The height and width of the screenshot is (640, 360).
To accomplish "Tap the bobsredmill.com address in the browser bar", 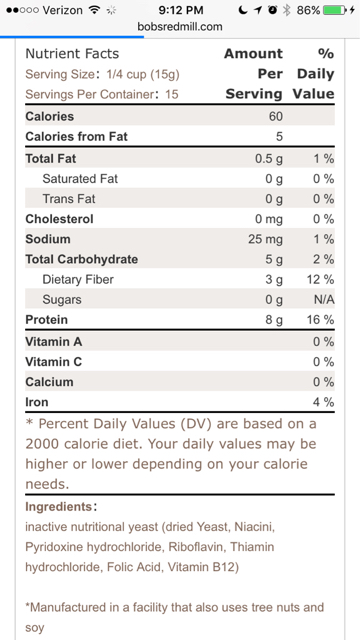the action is (180, 27).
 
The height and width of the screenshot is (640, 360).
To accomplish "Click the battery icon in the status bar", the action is (335, 10).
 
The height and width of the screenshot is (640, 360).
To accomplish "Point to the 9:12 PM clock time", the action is (180, 10).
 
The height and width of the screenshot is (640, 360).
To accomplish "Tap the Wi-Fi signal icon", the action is (95, 10).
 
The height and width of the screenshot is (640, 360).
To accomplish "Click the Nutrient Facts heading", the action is (72, 54).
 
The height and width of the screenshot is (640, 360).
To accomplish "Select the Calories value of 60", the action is (276, 116).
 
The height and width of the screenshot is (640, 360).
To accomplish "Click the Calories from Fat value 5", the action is (279, 136).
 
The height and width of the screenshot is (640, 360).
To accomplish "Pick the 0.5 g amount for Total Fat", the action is (269, 159).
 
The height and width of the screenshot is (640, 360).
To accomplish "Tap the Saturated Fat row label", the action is (80, 179).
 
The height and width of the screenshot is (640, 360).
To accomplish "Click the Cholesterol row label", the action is (59, 219).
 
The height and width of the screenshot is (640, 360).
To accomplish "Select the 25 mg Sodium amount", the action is (265, 239).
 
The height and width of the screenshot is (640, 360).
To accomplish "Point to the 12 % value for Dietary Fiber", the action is (320, 280).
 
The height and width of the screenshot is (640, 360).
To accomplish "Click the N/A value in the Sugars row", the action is (324, 300).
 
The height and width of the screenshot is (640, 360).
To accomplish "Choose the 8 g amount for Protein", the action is (274, 320).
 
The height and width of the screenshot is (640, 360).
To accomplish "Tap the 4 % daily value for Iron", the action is (324, 402).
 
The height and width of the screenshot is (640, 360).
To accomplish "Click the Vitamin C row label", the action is (53, 362).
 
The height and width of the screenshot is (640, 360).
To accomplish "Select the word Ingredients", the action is (59, 507).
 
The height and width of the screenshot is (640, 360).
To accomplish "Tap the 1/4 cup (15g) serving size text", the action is (143, 75).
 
